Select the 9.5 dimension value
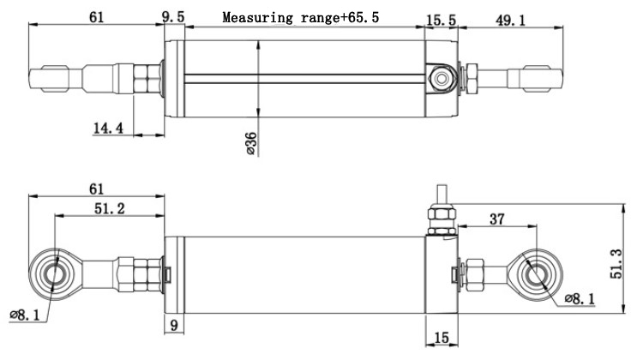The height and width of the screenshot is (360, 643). [173, 17]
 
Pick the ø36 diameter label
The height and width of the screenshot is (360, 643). [250, 143]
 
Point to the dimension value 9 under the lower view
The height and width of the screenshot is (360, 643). [174, 324]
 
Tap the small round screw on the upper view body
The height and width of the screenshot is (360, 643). [442, 80]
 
